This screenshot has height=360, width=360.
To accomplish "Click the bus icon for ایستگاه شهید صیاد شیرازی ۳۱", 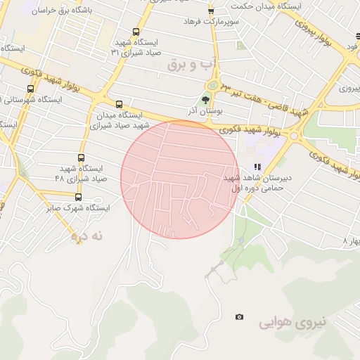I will [135, 31].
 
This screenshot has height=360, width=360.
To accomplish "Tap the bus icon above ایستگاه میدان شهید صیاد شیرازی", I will [118, 104].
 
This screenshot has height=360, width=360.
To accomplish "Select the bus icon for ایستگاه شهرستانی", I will [30, 89].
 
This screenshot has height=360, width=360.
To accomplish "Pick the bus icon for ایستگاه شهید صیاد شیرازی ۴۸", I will [81, 157].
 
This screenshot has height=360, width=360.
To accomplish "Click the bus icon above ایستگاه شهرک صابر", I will [77, 197].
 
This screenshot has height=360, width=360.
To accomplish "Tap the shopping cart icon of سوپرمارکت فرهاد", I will [210, 11].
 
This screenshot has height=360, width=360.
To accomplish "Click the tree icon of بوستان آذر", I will [207, 99].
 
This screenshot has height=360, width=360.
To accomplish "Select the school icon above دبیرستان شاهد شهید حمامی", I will [257, 167].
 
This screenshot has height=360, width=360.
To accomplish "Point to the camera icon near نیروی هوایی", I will [240, 317].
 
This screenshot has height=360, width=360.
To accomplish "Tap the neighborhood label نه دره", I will [87, 236].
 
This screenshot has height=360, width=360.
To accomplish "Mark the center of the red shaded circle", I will [180, 179].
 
